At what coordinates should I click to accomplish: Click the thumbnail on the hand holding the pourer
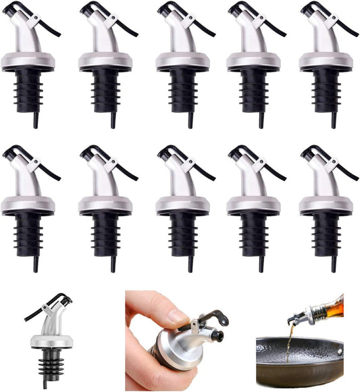click(x=178, y=315)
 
